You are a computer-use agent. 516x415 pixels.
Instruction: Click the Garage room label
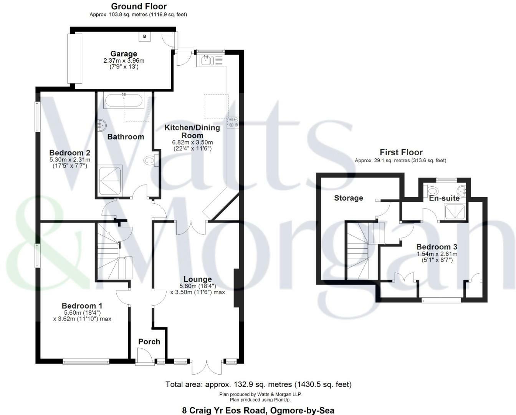coord(124,54)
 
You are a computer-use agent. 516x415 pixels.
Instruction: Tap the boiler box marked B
coord(145,37)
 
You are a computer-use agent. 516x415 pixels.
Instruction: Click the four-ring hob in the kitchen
coord(233,122)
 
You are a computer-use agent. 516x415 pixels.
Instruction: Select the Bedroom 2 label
coord(70,153)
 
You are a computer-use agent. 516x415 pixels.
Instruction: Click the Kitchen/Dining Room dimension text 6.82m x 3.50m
coord(192,142)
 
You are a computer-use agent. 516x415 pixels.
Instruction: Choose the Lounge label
coord(197,279)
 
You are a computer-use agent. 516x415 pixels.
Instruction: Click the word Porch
coord(149,342)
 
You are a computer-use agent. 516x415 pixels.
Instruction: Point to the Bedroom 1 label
coord(82,306)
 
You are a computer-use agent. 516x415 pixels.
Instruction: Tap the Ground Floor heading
coord(139,7)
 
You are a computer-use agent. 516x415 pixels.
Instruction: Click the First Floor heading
coord(401,152)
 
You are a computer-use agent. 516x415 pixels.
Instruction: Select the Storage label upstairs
coord(348,198)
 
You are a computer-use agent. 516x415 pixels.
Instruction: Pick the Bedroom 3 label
coord(437,247)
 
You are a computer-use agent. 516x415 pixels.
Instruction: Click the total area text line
coord(258,384)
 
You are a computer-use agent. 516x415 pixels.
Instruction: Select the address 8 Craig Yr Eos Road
coord(258,410)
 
